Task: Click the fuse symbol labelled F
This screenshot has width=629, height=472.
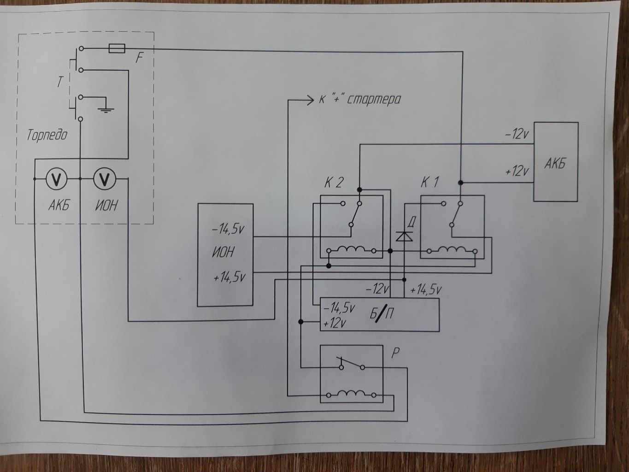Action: pyautogui.click(x=117, y=48)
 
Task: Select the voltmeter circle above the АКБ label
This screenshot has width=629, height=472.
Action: pyautogui.click(x=57, y=179)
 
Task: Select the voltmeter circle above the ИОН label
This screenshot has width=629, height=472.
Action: pyautogui.click(x=105, y=179)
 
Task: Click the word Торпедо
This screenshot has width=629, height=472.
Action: pyautogui.click(x=47, y=135)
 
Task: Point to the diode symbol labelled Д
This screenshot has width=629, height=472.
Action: pyautogui.click(x=404, y=236)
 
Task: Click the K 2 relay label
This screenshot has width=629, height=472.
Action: pyautogui.click(x=334, y=183)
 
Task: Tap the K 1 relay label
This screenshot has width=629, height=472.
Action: pyautogui.click(x=429, y=182)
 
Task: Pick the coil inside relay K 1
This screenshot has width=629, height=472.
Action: pyautogui.click(x=452, y=250)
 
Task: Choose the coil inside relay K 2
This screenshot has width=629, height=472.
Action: pyautogui.click(x=351, y=250)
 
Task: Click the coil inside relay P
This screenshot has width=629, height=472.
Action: pyautogui.click(x=351, y=394)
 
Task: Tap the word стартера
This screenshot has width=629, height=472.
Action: pyautogui.click(x=374, y=100)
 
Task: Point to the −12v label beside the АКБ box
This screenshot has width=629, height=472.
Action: pyautogui.click(x=517, y=134)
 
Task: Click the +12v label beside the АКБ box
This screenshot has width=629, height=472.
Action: pyautogui.click(x=517, y=171)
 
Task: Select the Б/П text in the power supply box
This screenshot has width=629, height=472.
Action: pyautogui.click(x=382, y=313)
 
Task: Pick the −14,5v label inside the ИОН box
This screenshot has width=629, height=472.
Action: pyautogui.click(x=228, y=229)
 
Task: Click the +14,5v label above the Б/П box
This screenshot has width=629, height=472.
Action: pyautogui.click(x=426, y=290)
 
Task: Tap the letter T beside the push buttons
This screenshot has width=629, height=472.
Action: pyautogui.click(x=59, y=82)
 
